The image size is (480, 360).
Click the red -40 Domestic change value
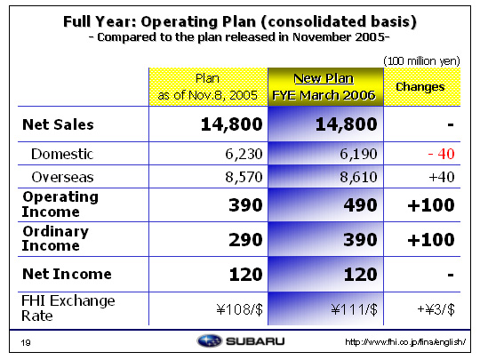[441, 154]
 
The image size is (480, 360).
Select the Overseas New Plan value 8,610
[358, 177]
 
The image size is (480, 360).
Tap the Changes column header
[420, 87]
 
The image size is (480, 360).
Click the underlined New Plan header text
[324, 78]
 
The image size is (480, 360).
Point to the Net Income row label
[67, 274]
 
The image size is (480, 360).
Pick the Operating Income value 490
[360, 205]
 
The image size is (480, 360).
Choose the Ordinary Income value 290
[246, 240]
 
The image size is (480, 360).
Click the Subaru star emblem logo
[210, 340]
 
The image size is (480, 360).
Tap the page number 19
[26, 342]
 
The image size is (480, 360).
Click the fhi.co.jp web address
[405, 342]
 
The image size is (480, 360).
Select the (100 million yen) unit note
[422, 61]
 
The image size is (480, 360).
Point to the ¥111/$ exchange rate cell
[355, 309]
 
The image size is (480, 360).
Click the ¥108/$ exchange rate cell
[240, 309]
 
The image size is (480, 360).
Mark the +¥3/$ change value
[436, 309]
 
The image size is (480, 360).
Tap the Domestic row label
[62, 154]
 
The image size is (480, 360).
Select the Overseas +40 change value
[442, 177]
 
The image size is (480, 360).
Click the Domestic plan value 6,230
[244, 154]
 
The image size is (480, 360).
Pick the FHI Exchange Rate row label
[68, 308]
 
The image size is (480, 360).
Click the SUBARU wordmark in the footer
[255, 341]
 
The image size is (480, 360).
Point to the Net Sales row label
[58, 124]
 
